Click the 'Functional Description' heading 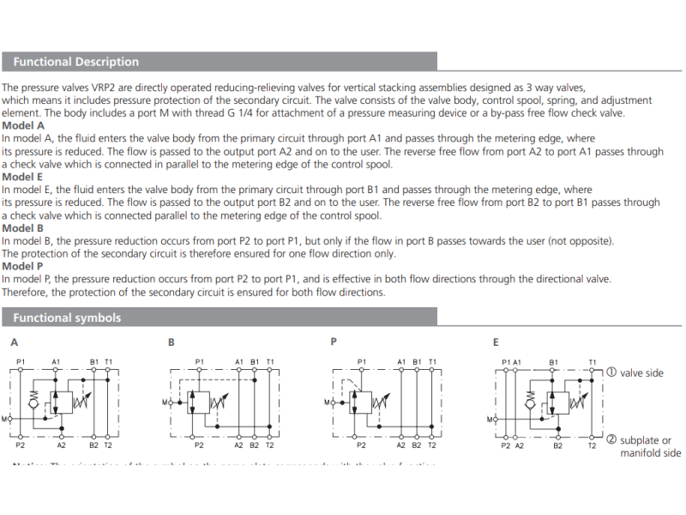(x=75, y=62)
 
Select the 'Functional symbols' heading (x=67, y=318)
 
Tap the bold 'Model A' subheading (x=23, y=125)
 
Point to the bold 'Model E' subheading (x=23, y=177)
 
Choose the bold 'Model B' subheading (x=23, y=228)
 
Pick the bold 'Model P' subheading (x=23, y=266)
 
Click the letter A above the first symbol (x=15, y=342)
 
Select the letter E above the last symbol (x=496, y=342)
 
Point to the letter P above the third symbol (x=334, y=342)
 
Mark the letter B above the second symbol (x=171, y=342)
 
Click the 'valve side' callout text (x=641, y=373)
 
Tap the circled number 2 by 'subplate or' (x=611, y=439)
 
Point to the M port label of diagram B (x=165, y=402)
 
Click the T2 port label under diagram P (x=431, y=445)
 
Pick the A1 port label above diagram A (x=57, y=362)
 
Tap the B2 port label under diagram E (x=557, y=445)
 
